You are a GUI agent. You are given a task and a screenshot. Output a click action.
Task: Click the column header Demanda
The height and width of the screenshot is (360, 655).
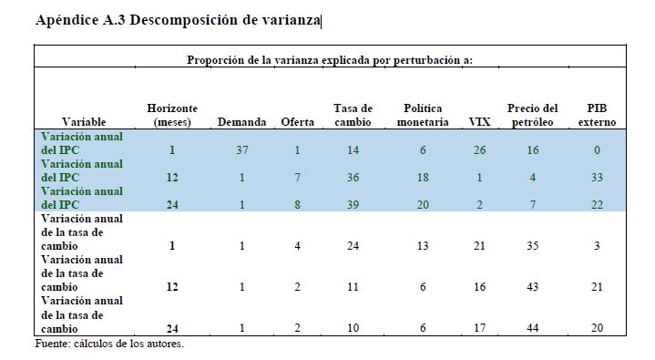pos(241,122)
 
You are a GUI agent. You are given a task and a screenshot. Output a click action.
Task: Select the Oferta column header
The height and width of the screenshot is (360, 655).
pos(297,122)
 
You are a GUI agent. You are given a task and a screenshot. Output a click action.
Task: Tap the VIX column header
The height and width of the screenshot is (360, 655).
pos(479,122)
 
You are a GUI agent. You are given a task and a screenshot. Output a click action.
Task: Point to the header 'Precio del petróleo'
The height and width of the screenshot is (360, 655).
pos(533,115)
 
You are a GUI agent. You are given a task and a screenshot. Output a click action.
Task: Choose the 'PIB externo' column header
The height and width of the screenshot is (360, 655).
pos(597,115)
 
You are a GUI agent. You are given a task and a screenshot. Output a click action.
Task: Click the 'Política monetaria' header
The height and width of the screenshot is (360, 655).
pos(423,115)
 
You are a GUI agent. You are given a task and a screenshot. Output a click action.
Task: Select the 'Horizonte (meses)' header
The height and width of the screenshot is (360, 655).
pos(172,116)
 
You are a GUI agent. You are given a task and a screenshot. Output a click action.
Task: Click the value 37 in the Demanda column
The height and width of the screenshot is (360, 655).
pos(241,149)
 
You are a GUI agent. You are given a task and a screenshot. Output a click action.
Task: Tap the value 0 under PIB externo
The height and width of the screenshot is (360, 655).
pos(597,149)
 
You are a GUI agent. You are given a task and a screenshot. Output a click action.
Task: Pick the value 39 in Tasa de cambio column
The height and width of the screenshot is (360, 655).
pos(353,204)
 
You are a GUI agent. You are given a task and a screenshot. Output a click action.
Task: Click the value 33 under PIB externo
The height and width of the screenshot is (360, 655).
pos(597,178)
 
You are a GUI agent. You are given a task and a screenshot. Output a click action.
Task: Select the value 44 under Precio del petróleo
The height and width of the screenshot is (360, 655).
pos(533,328)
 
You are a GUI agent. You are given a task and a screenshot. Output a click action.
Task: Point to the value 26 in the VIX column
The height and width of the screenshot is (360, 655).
pos(479,149)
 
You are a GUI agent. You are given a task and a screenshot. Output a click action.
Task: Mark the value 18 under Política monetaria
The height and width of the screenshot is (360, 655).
pos(423,178)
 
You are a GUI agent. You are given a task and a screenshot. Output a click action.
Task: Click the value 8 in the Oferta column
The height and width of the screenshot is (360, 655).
pos(297,204)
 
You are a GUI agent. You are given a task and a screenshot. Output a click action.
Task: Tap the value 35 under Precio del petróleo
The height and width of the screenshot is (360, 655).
pos(533,245)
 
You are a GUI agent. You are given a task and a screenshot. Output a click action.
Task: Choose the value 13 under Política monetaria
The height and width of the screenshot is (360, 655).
pos(423,245)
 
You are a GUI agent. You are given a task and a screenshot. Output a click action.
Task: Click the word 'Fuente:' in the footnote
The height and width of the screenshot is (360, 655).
pos(53,344)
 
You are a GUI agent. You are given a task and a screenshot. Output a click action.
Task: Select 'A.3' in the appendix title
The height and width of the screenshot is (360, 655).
pos(114,20)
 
